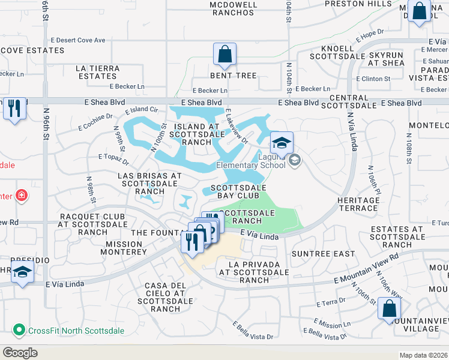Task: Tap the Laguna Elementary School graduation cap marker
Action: (x=281, y=143)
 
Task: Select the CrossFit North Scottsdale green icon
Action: (x=19, y=330)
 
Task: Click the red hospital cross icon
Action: (x=22, y=195)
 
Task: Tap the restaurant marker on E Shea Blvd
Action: (x=14, y=109)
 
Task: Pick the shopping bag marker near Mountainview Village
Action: (x=389, y=309)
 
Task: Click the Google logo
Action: (x=20, y=353)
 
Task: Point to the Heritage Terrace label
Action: (x=358, y=204)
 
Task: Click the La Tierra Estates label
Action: (x=96, y=72)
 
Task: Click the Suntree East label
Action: (x=323, y=254)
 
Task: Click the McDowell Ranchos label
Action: (x=234, y=8)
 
